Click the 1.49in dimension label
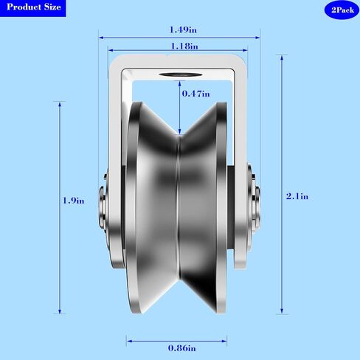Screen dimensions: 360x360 183,30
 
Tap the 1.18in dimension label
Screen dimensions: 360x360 184,46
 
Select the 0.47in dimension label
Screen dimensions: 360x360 196,94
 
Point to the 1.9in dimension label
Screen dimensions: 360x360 74,201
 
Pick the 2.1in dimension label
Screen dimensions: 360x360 297,196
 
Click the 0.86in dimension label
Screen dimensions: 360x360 182,348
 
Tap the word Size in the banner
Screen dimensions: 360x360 52,7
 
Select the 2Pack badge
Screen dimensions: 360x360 342,10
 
